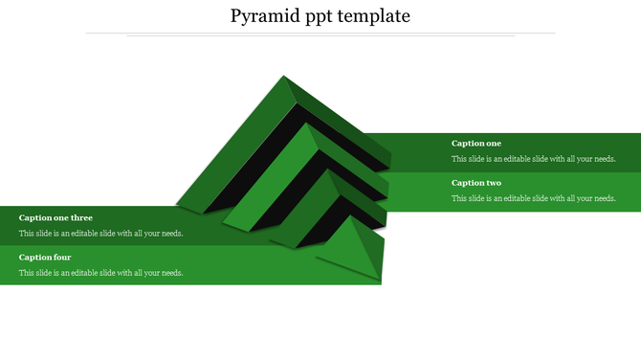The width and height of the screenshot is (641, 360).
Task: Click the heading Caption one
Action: (476, 144)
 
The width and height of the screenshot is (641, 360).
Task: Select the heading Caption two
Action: (476, 183)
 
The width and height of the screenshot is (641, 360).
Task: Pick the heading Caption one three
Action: (55, 218)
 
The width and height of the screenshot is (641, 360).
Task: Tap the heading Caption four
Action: (45, 258)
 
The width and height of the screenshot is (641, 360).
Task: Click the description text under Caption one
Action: (534, 159)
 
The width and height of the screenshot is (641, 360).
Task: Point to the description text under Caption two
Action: (534, 198)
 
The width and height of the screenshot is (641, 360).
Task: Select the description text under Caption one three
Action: (101, 234)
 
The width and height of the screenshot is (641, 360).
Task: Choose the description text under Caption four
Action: (101, 273)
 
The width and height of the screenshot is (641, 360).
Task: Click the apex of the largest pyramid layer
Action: (283, 78)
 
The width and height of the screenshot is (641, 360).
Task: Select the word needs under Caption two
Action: (605, 198)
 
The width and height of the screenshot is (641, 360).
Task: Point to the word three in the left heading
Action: (81, 218)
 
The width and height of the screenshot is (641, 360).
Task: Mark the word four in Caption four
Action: (62, 258)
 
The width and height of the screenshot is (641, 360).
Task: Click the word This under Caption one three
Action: (27, 234)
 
